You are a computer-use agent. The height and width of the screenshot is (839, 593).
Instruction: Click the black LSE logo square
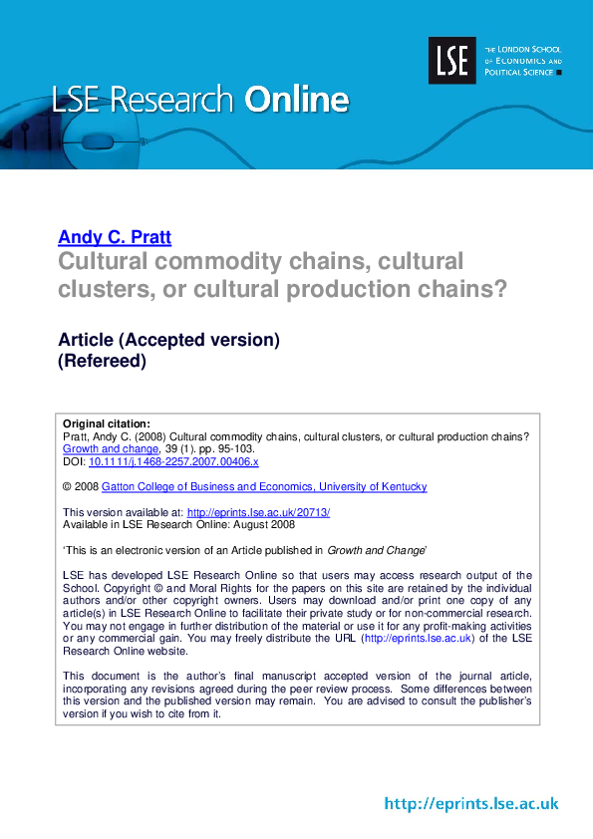(452, 60)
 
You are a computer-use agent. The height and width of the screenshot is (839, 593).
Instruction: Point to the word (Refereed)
(103, 362)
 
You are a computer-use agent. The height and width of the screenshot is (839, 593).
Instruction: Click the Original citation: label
(107, 423)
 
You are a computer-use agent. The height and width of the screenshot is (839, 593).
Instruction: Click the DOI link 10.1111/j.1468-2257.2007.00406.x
(173, 461)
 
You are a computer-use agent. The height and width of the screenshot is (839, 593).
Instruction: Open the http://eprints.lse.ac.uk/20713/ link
(258, 512)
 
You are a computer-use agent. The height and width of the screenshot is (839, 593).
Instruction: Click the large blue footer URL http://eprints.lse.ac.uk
(471, 803)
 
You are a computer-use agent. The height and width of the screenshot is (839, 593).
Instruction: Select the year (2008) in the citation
(151, 436)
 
